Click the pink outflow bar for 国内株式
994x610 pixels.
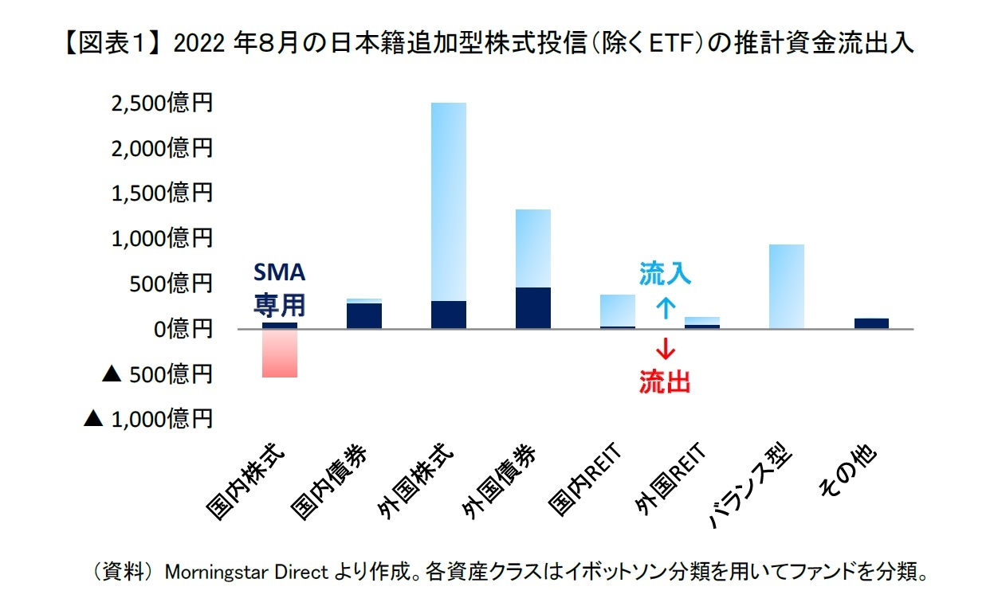[x=279, y=353]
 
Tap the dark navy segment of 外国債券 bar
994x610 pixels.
[x=532, y=308]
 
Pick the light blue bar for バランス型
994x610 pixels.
[x=786, y=287]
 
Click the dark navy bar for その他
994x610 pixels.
[x=870, y=323]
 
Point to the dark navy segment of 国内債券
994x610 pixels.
[x=363, y=316]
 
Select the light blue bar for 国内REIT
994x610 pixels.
[x=617, y=310]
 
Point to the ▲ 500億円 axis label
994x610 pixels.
[x=158, y=373]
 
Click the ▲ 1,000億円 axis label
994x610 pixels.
[x=148, y=418]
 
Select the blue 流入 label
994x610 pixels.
[x=665, y=275]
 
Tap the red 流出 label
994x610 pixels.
[x=665, y=383]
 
